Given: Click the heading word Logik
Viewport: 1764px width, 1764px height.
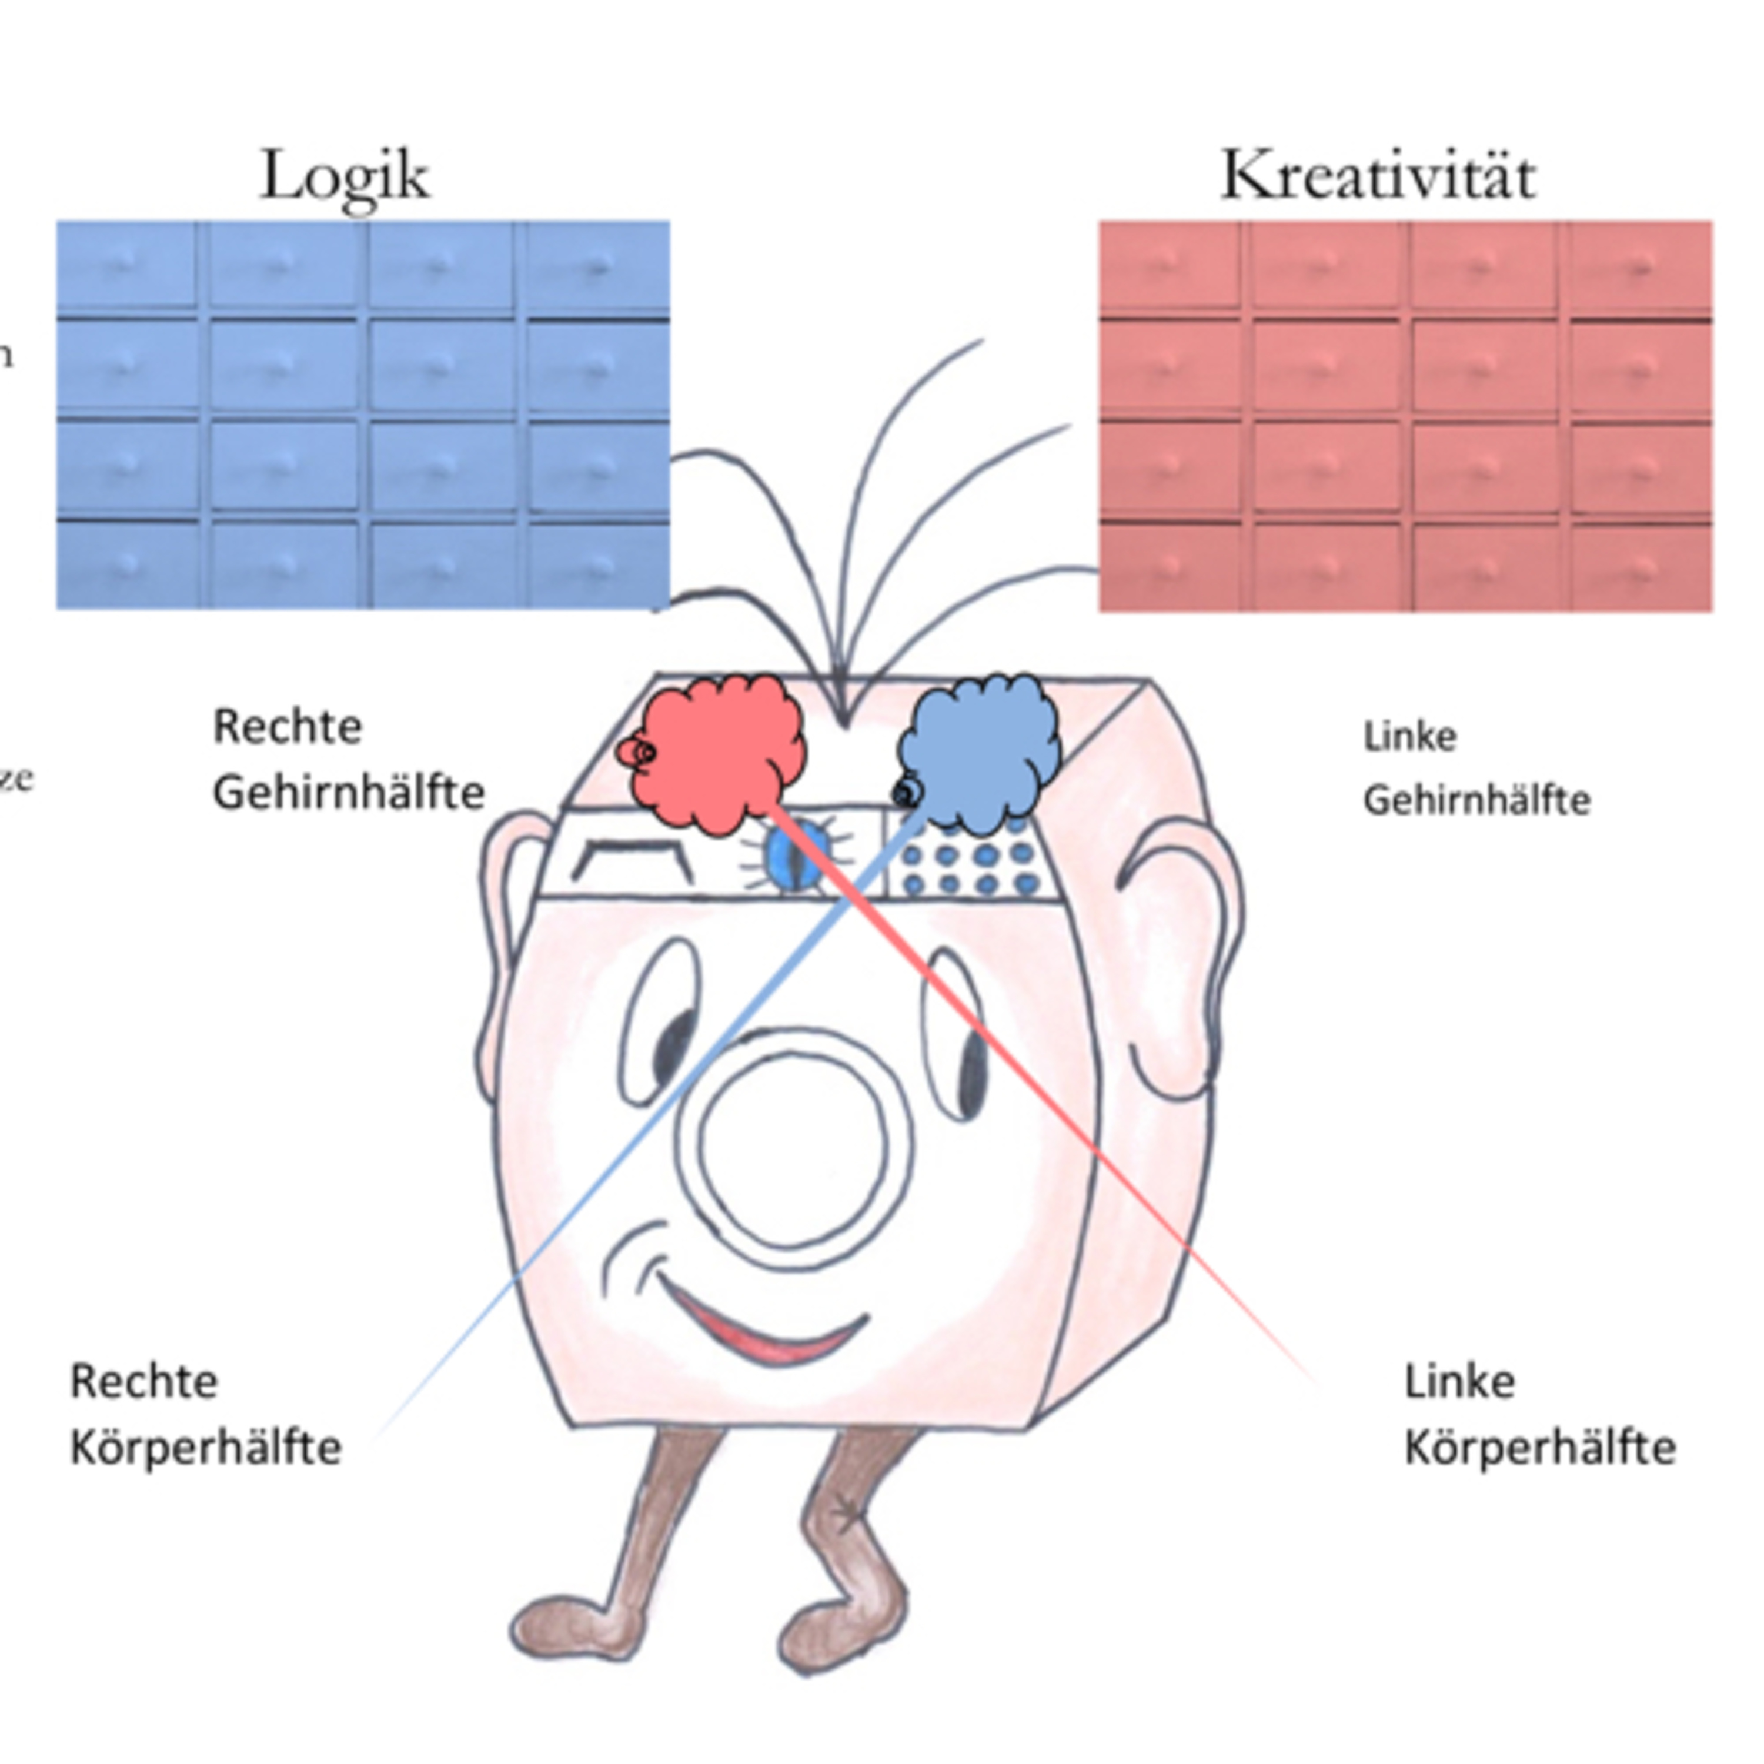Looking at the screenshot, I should click(x=345, y=176).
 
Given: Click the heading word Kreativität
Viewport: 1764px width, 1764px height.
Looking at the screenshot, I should click(x=1379, y=176).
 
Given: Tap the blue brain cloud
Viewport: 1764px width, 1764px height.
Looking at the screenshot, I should click(x=980, y=753).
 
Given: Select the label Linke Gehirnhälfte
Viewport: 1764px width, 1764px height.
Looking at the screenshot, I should click(x=1475, y=769).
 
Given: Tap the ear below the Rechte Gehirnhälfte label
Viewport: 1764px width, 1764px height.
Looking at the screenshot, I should click(x=512, y=950).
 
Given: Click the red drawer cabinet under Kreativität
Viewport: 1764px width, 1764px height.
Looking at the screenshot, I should click(x=1405, y=416).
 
